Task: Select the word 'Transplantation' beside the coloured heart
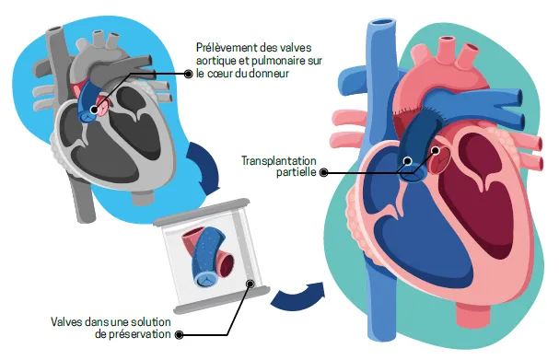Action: (277, 158)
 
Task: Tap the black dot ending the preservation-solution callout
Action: (180, 334)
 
